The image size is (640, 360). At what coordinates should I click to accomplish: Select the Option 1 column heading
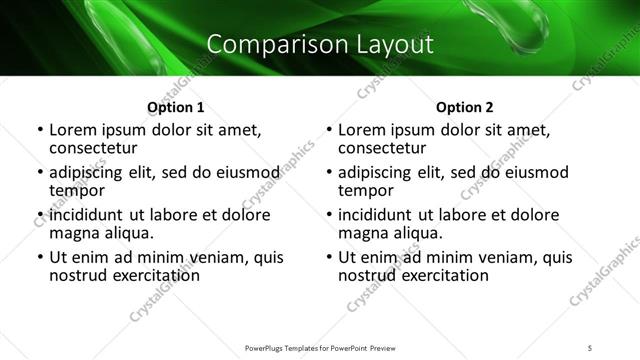[175, 107]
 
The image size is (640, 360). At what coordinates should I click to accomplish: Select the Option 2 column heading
[464, 107]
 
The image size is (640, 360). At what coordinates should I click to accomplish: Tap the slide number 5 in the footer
[591, 347]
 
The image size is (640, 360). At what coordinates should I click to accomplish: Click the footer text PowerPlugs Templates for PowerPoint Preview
[319, 347]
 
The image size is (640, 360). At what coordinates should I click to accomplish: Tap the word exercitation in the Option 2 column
[444, 275]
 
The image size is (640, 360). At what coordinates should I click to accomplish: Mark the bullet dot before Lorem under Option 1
[39, 130]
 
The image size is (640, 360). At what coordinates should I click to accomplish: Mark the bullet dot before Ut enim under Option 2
[329, 257]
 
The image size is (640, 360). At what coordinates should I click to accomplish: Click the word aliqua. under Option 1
[130, 233]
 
